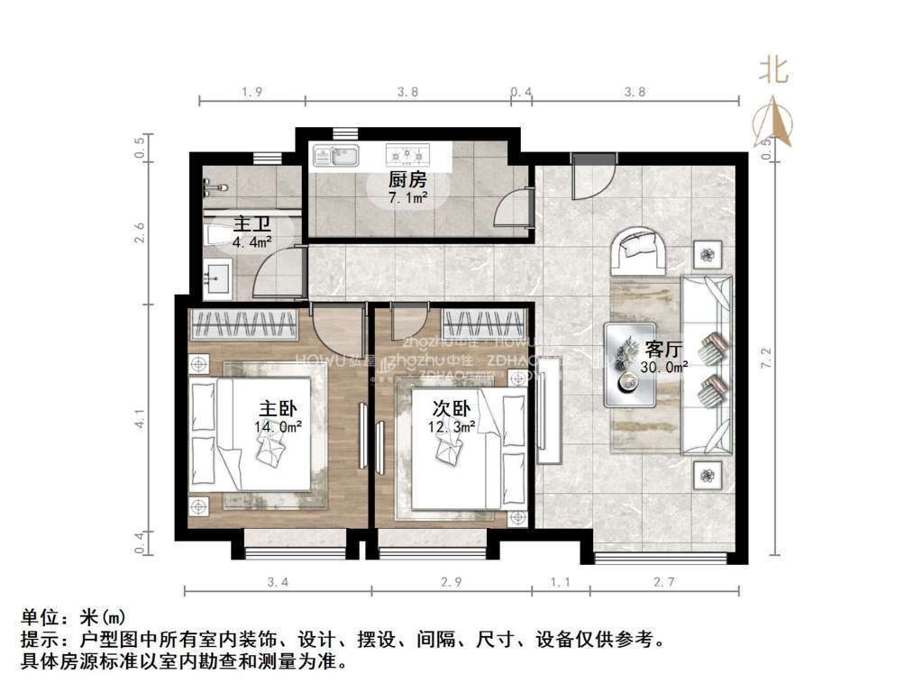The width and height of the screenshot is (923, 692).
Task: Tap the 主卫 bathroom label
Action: point(252,223)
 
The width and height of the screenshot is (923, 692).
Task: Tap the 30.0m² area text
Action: point(665,366)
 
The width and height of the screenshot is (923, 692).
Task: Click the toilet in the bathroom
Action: point(219,235)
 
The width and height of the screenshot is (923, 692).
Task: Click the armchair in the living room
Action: point(639,250)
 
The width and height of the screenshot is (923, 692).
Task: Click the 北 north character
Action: point(772,69)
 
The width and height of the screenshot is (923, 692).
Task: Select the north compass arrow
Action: point(773,122)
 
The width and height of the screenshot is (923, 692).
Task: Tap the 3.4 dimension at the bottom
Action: point(279,582)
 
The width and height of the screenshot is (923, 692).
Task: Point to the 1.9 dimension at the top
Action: point(252,91)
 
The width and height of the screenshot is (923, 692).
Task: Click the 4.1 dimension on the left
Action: point(139,419)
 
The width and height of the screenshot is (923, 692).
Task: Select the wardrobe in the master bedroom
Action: point(242,323)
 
